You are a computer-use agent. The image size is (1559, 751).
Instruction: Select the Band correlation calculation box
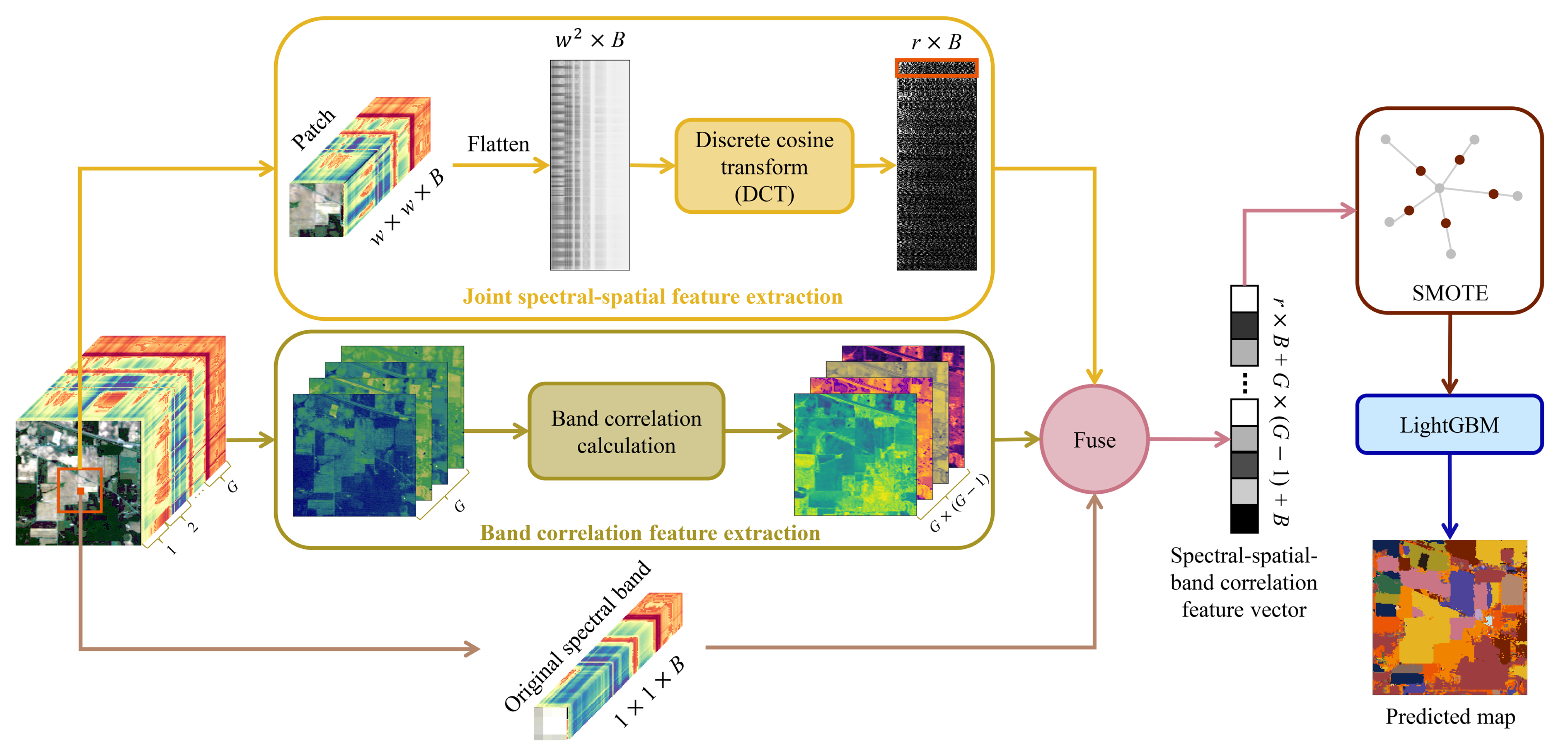[626, 431]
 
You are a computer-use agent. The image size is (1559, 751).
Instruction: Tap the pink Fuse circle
[1094, 440]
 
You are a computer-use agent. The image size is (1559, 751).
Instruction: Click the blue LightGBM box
[1449, 425]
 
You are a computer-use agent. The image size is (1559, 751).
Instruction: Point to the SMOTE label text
[1449, 293]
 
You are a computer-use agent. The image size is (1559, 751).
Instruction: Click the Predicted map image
[1449, 617]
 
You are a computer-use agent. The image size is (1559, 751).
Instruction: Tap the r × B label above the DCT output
[936, 42]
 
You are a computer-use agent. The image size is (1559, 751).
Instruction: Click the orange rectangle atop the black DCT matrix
[936, 68]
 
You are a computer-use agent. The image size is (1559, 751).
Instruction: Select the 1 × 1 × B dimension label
[649, 691]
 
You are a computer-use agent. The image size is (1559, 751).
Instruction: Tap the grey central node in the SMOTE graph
[1439, 188]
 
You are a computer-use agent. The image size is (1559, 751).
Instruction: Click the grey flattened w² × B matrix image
[590, 164]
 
